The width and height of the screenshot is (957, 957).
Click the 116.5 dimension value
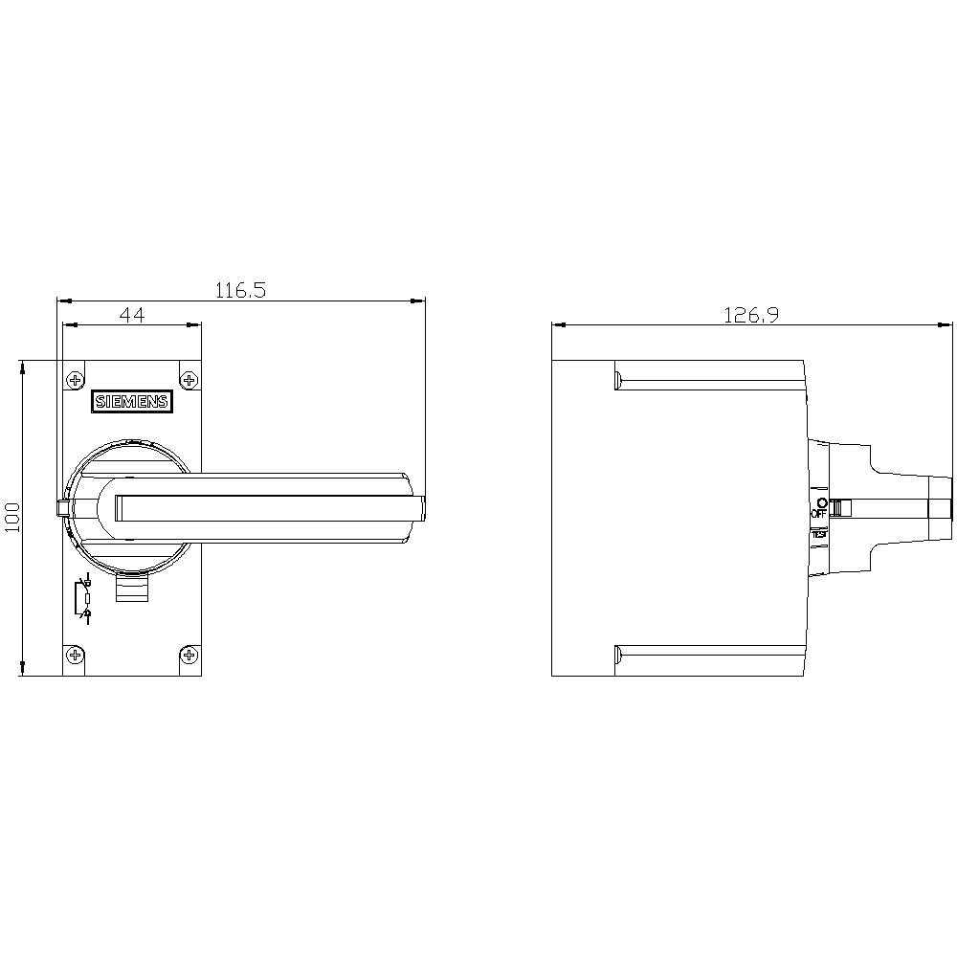(239, 290)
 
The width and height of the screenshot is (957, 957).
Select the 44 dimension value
(132, 315)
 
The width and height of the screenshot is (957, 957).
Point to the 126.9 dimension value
(750, 315)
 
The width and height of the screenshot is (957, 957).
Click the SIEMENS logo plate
(131, 402)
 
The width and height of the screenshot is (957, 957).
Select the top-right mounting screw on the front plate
(189, 381)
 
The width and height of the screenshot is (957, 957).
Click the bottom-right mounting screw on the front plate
(189, 656)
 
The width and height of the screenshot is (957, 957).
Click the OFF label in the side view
(818, 514)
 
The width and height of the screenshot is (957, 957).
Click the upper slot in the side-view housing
(708, 380)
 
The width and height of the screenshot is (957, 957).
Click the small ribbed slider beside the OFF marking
(838, 507)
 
